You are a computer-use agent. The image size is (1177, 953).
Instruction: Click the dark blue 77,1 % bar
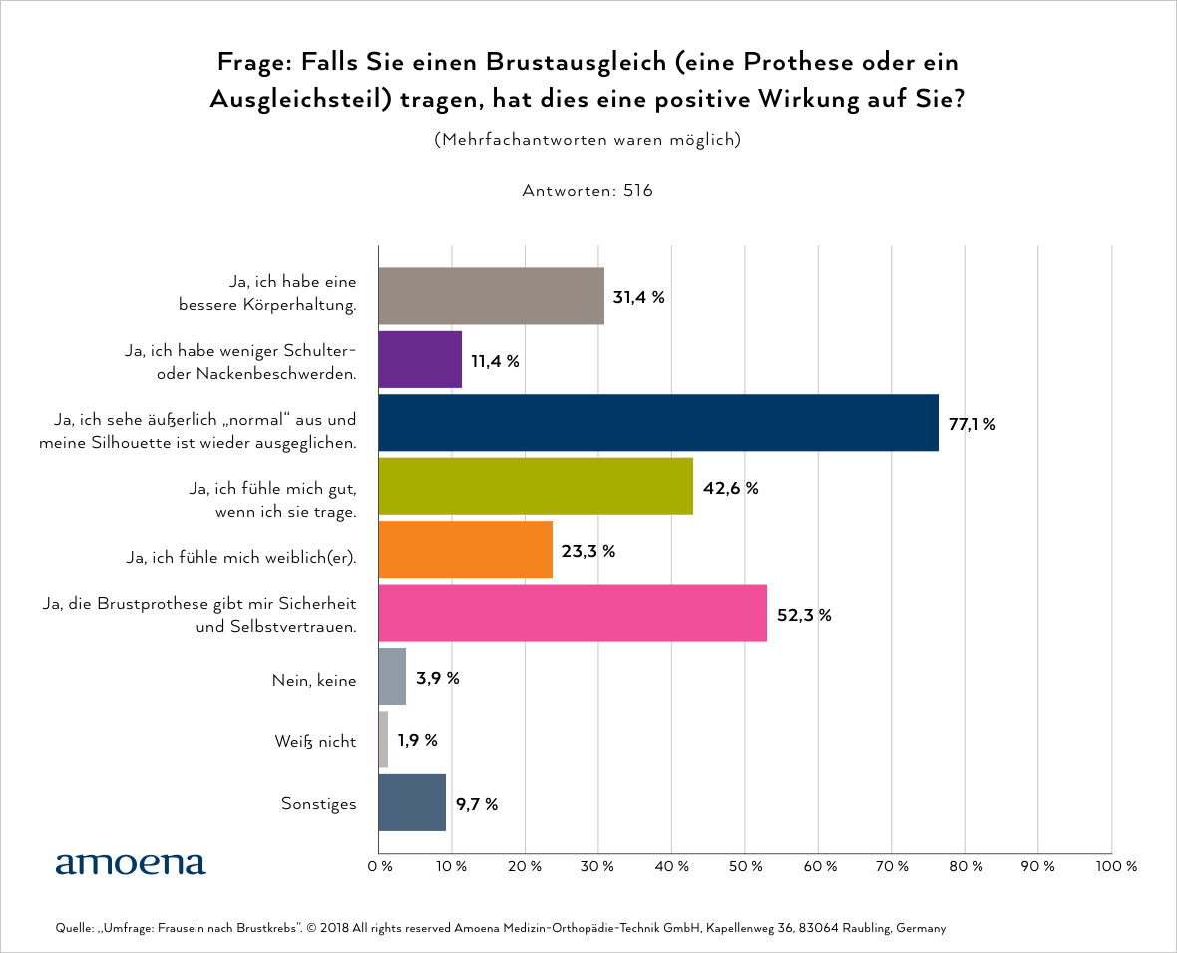coord(658,423)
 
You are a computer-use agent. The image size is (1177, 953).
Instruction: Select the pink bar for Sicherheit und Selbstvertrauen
coord(573,614)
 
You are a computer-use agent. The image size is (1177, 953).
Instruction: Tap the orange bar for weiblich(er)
coord(465,550)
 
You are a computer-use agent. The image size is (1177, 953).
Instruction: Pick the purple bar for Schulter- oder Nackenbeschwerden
coord(420,360)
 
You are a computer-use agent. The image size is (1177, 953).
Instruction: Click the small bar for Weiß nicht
coord(384,740)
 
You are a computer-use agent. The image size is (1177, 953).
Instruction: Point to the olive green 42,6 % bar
coord(536,487)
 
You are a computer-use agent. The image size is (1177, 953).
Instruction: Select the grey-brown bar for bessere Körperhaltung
coord(492,296)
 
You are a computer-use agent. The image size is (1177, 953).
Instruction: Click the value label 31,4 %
coord(638,297)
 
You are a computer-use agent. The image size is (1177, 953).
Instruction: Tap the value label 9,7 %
coord(477,804)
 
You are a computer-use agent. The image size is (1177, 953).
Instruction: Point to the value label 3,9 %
coord(437,678)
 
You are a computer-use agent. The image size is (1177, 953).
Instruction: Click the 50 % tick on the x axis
coord(745,867)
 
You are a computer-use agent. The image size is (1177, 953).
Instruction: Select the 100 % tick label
coord(1117,867)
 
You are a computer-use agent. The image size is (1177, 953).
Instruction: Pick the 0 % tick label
coord(379,867)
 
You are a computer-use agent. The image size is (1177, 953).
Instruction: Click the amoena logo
coord(131,863)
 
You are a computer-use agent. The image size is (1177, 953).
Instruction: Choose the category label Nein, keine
coord(313,679)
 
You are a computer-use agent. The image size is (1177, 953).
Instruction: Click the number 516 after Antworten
coord(638,190)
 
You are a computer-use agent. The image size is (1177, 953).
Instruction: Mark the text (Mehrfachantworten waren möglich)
coord(588,140)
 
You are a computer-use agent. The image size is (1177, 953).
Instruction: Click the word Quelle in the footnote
coord(73,929)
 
